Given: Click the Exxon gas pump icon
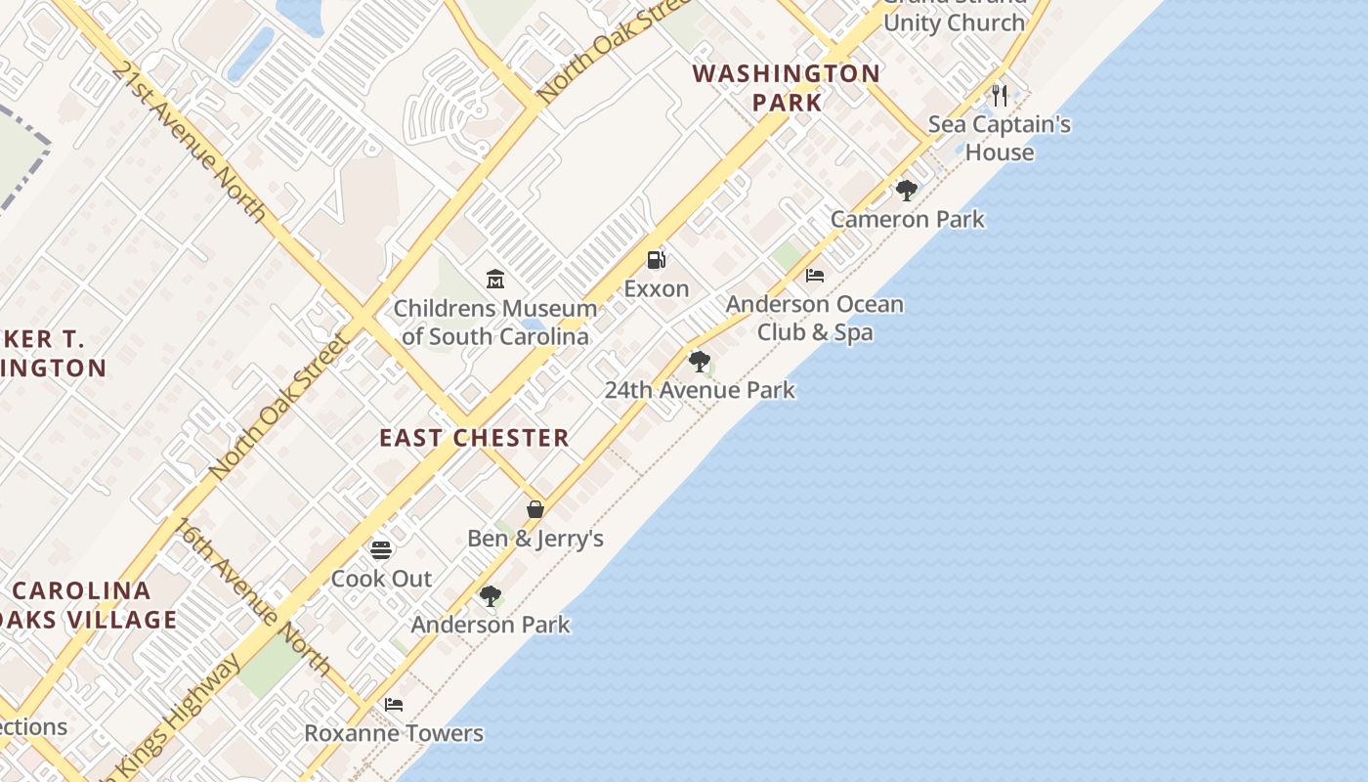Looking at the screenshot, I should pos(657,260).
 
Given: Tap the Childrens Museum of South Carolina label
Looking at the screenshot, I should pos(495,323).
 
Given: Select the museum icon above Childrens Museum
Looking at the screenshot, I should pos(495,280).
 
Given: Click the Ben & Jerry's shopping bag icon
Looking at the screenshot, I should pos(535,509).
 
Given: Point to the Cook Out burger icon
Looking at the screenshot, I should pos(381,550).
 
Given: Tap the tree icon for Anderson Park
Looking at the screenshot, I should pos(491,595).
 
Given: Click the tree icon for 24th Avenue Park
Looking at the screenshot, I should pos(699,362).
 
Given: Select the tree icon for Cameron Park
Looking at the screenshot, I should pos(907,191).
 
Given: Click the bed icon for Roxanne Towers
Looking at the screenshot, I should pos(394,704).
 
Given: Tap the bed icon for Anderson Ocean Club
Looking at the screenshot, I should pos(815,276).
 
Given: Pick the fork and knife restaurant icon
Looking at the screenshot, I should pos(999,95).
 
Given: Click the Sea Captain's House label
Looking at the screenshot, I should pos(999,138).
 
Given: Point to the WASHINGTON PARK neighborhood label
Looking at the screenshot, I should pos(787,87).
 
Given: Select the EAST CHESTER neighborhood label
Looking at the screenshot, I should pos(474,437).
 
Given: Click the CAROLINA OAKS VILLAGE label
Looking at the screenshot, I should pos(93,605).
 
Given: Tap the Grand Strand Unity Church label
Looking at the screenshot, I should pos(954,16).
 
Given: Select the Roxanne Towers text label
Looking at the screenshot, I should pos(394,733).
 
